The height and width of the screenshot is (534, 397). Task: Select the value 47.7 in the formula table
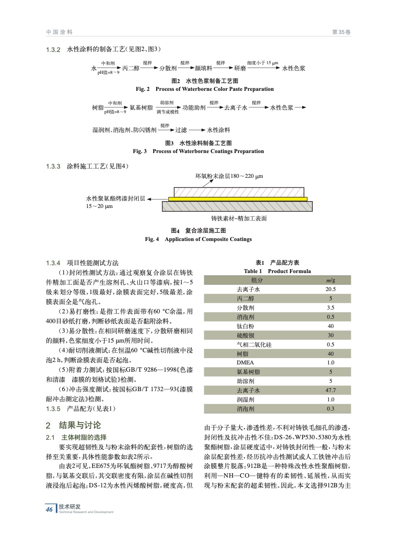[x=330, y=390]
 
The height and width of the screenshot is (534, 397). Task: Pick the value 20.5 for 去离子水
[x=330, y=289]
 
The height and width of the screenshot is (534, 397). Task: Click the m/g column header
[x=330, y=280]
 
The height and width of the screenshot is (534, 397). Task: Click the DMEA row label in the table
[x=245, y=362]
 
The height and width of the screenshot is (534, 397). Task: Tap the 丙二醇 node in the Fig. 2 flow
[x=131, y=69]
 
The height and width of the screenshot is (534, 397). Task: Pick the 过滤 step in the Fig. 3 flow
[x=181, y=130]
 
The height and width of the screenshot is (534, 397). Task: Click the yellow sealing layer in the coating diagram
[x=238, y=199]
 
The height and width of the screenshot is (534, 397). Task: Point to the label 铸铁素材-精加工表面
[x=239, y=219]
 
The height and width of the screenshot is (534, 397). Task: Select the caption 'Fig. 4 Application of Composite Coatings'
[x=198, y=239]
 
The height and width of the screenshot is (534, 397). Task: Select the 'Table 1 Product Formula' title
[x=277, y=271]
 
